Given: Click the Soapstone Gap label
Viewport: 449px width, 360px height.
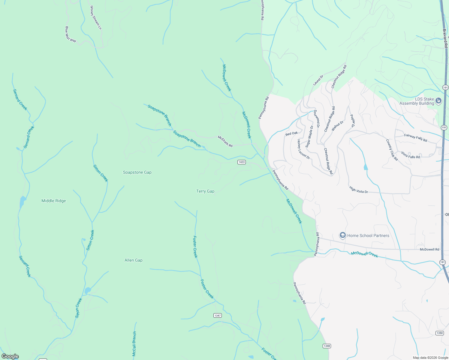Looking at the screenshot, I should point(137,172).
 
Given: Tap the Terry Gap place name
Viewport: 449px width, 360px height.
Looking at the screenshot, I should point(205,191).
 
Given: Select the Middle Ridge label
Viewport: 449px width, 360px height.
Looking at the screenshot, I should point(53,201).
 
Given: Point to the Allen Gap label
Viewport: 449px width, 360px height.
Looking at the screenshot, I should point(134,260).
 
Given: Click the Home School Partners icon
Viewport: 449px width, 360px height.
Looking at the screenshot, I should point(342,235).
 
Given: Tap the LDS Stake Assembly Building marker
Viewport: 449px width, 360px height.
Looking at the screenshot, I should point(438,101).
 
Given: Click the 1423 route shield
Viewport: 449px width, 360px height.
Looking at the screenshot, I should point(241,162).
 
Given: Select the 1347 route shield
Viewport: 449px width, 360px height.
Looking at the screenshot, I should point(218,315).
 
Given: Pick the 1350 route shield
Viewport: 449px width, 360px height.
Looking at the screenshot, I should point(439,333).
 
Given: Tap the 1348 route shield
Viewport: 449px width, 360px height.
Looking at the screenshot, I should point(327,346).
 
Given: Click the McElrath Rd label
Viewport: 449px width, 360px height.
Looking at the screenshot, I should point(225,141).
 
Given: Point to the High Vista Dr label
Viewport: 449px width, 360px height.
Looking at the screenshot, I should point(359,190).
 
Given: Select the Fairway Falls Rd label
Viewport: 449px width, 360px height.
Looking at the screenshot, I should point(415,138).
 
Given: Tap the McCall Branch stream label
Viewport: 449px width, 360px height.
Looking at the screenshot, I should point(134,344).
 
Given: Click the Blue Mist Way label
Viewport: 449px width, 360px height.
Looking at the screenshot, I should point(71,34).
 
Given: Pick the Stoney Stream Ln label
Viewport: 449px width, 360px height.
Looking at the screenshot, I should point(96,17).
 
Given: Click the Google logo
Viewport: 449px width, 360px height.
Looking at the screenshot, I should point(10,356).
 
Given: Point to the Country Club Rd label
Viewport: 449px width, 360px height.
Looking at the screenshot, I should point(392,150).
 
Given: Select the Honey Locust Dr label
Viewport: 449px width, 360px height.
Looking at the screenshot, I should point(303,149).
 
